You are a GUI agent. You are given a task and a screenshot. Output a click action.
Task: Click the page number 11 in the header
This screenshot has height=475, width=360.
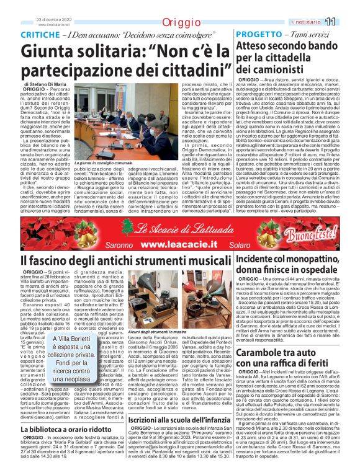tap(348, 22)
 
